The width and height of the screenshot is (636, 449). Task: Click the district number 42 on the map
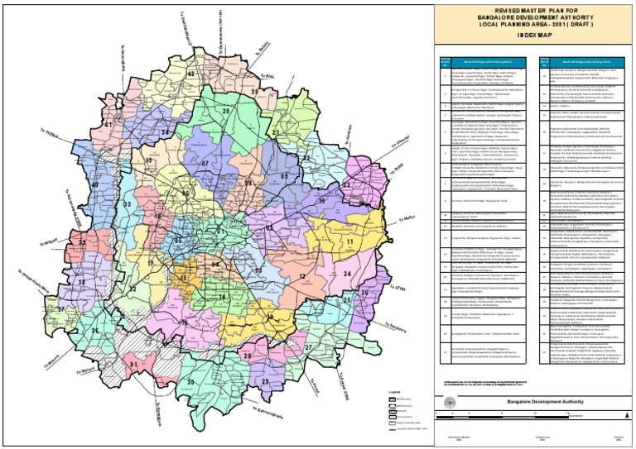pyautogui.click(x=190, y=73)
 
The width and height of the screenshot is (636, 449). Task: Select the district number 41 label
pyautogui.click(x=108, y=124)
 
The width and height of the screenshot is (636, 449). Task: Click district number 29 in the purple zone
pyautogui.click(x=265, y=380)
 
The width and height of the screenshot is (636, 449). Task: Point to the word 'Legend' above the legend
pyautogui.click(x=395, y=391)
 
